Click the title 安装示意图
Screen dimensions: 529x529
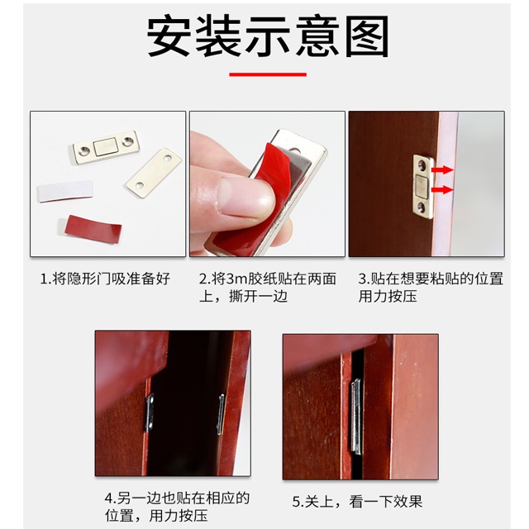click(268, 36)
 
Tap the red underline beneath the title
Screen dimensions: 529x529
click(268, 74)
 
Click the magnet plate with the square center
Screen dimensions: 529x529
click(107, 147)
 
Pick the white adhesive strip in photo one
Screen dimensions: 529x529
click(64, 191)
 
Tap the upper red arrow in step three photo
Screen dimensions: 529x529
click(442, 169)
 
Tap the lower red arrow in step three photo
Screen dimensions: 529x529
click(442, 189)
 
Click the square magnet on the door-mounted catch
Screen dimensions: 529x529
click(422, 187)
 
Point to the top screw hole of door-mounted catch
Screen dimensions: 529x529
click(422, 165)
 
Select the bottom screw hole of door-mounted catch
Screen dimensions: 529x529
click(422, 208)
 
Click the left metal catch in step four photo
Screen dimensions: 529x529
click(150, 412)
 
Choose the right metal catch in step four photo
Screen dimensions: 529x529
click(221, 413)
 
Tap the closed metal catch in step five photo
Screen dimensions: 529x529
click(355, 415)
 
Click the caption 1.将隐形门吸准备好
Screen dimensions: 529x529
click(105, 279)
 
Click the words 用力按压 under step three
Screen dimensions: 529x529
click(388, 297)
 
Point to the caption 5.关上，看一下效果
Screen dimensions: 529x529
click(357, 502)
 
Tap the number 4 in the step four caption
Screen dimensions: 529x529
click(108, 498)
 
